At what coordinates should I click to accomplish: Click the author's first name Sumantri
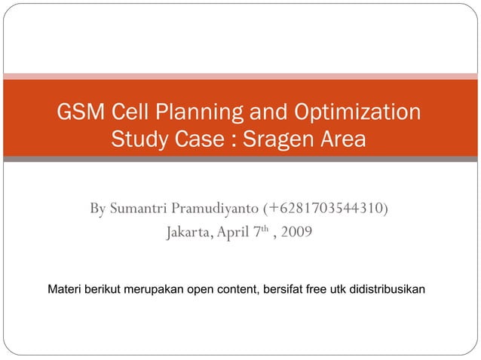[138, 207]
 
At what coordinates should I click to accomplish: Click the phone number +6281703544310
[326, 207]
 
